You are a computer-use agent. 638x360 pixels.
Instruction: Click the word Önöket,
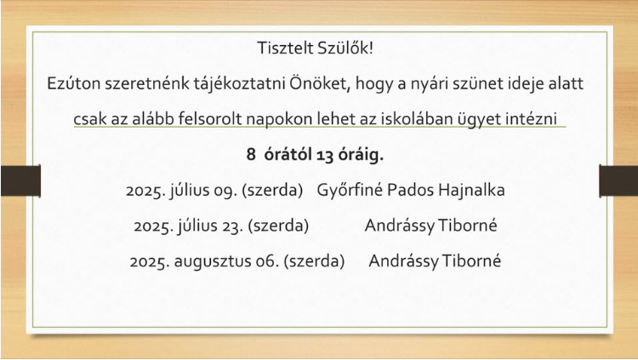(320, 83)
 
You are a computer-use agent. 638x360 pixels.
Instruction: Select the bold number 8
(251, 155)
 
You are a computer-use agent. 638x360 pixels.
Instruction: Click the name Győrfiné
(350, 190)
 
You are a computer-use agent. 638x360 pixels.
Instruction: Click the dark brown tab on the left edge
(20, 180)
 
